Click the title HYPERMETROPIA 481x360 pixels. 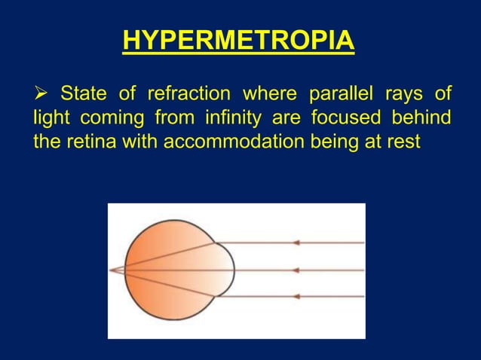click(238, 41)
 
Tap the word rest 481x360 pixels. click(403, 142)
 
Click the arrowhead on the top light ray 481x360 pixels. click(296, 243)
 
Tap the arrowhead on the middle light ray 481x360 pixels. click(296, 270)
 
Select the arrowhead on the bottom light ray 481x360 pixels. click(296, 297)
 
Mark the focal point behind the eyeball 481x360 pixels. click(112, 270)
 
